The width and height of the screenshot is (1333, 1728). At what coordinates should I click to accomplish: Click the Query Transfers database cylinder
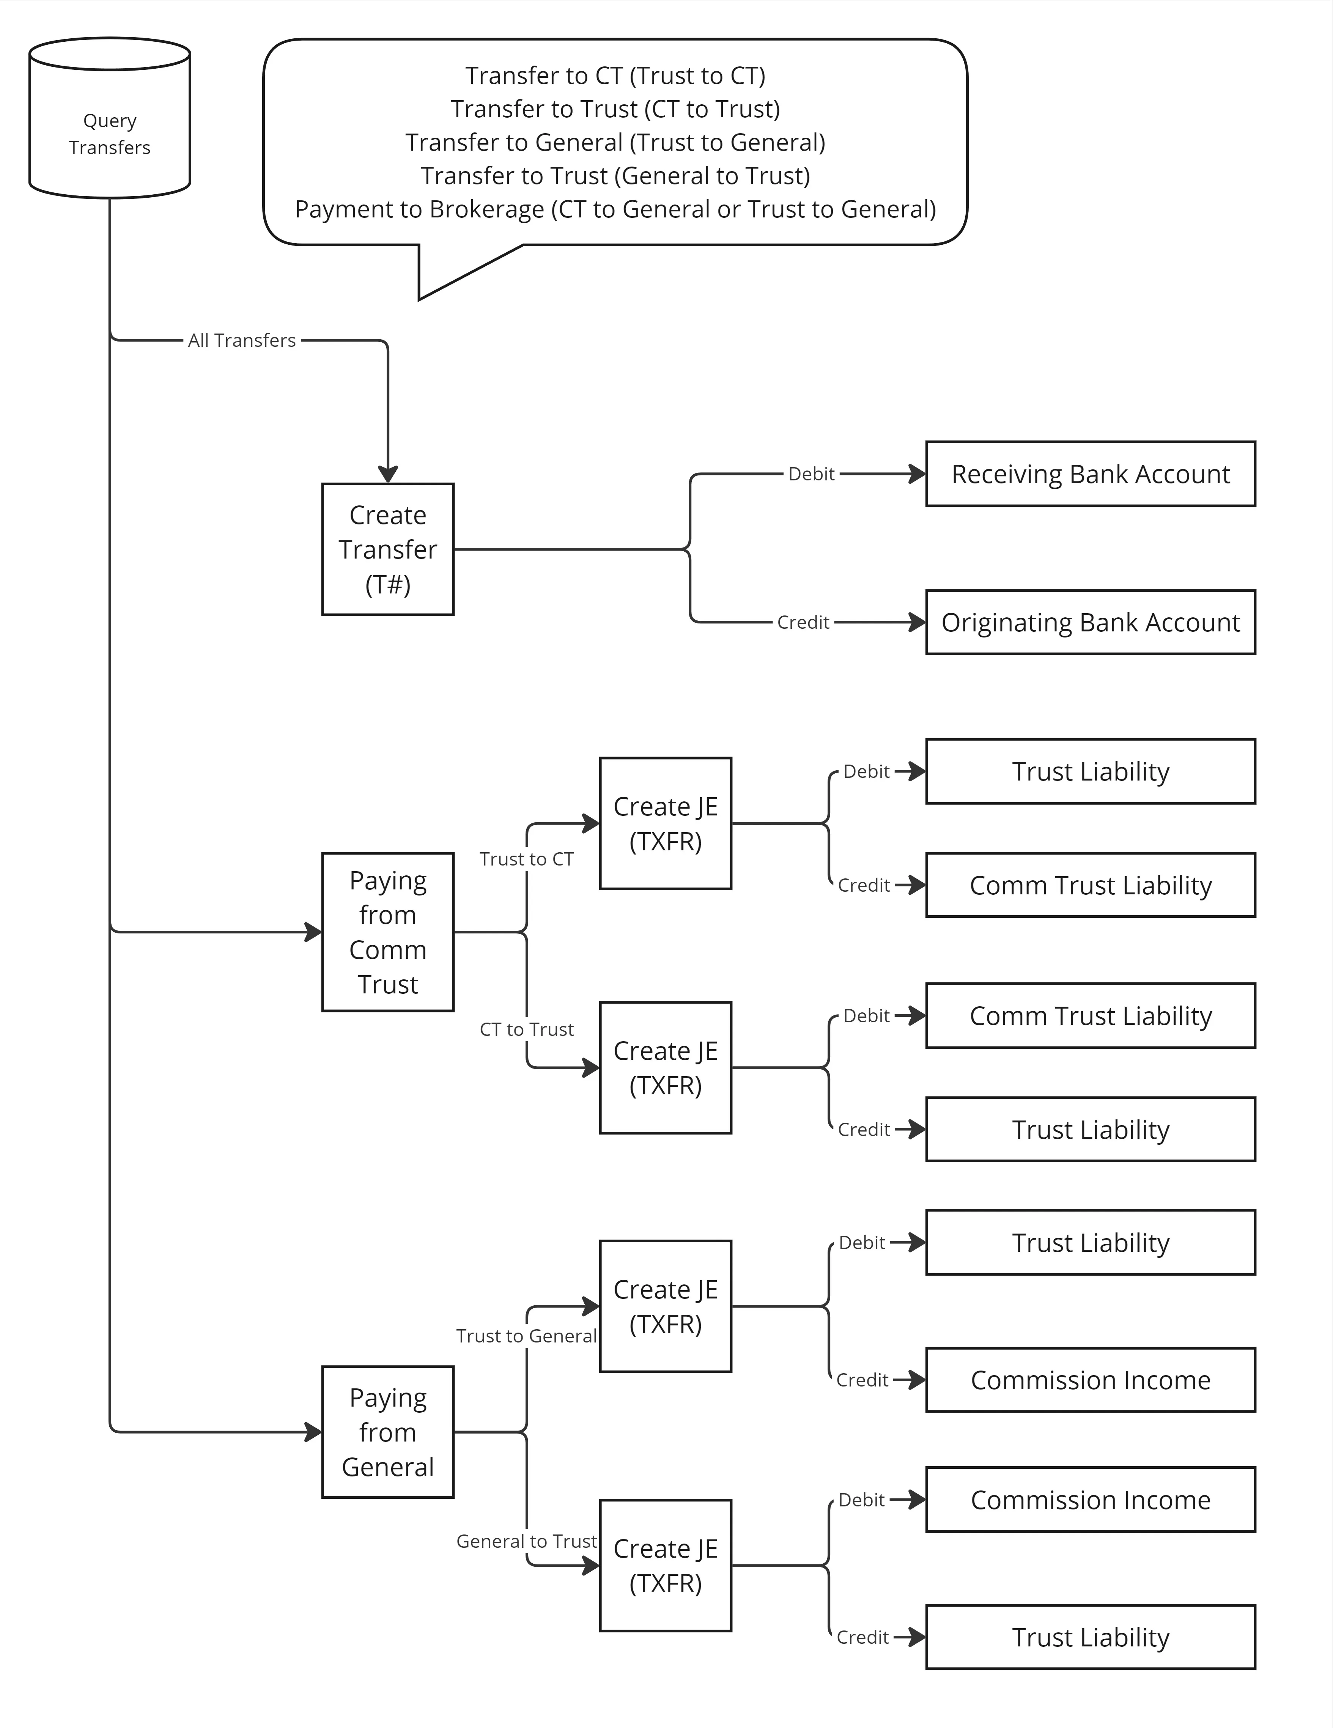pyautogui.click(x=109, y=118)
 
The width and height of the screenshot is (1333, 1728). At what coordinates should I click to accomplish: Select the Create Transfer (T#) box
pyautogui.click(x=388, y=549)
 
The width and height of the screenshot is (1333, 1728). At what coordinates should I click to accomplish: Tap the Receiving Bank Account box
pyautogui.click(x=1090, y=474)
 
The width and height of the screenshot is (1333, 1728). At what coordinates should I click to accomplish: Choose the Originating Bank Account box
pyautogui.click(x=1090, y=622)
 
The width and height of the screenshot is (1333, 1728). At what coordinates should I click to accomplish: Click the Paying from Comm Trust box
pyautogui.click(x=388, y=932)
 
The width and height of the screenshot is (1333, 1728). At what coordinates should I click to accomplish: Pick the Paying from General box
pyautogui.click(x=388, y=1432)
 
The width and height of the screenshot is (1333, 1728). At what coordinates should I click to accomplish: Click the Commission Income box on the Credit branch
pyautogui.click(x=1090, y=1380)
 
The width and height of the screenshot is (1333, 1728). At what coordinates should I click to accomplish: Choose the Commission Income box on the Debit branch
pyautogui.click(x=1090, y=1500)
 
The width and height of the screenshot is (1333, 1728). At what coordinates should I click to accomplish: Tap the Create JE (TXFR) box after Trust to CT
pyautogui.click(x=665, y=824)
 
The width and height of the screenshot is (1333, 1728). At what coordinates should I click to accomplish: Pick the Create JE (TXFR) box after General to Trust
pyautogui.click(x=665, y=1566)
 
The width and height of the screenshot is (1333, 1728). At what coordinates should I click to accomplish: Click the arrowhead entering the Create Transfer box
pyautogui.click(x=388, y=474)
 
